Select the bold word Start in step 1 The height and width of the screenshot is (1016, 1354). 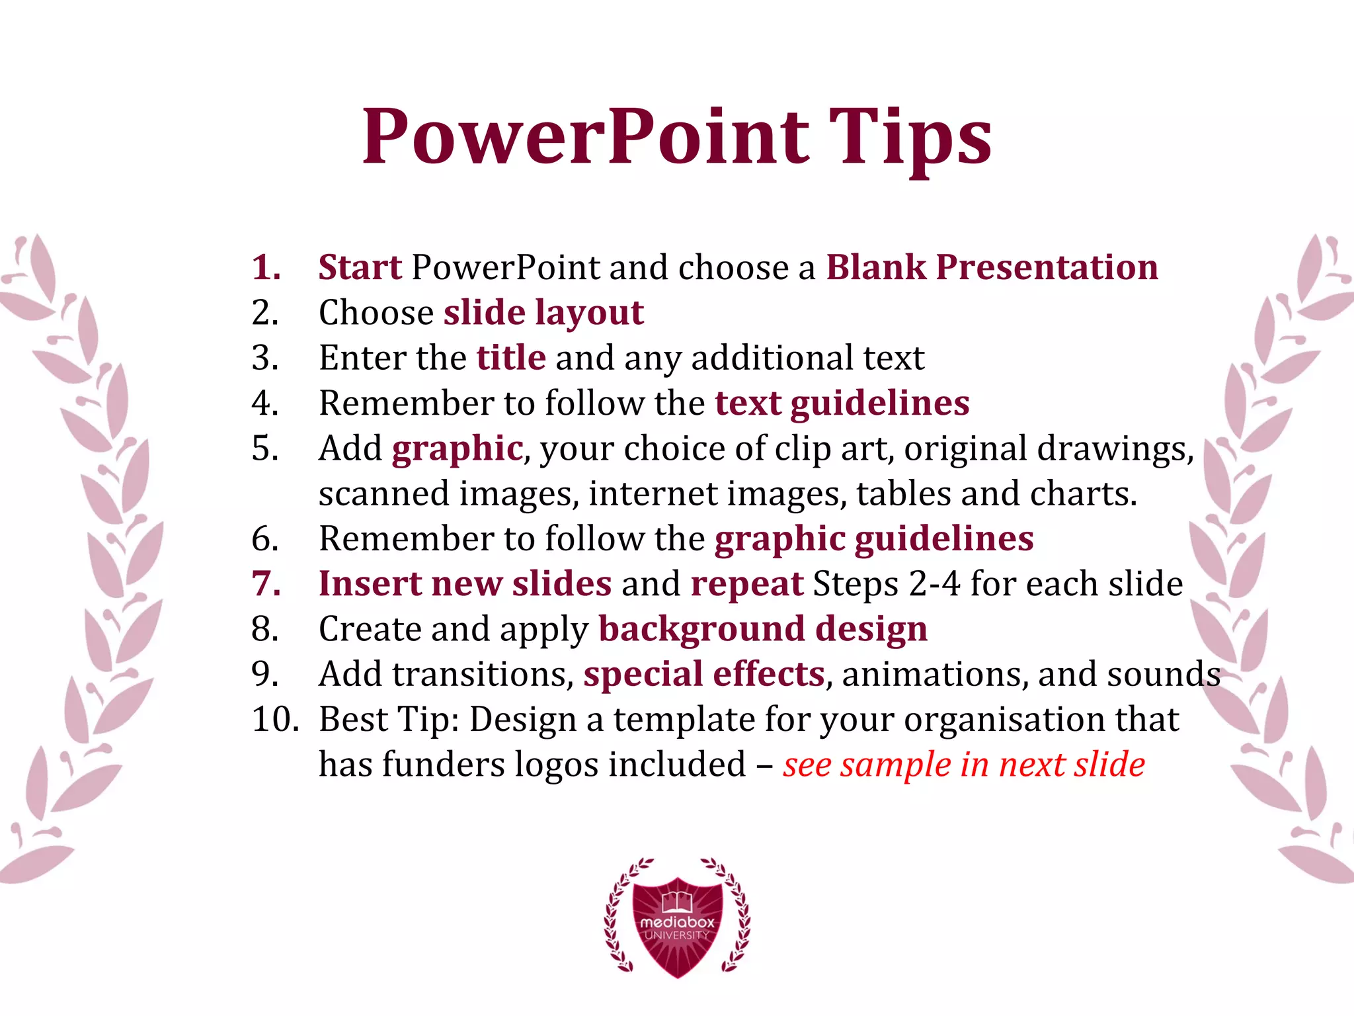coord(360,267)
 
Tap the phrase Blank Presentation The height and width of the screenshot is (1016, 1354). coord(992,267)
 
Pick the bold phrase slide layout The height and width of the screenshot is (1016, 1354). coord(543,313)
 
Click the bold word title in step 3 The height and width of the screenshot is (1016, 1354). coord(511,358)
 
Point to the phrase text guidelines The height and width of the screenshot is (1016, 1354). coord(842,403)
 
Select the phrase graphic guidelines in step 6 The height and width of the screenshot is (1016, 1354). coord(874,539)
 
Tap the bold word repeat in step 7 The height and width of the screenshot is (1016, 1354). coord(747,584)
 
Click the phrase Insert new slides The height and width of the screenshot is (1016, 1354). coord(465,584)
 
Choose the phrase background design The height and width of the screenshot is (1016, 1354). coord(763,629)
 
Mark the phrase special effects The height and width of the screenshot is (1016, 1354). coord(704,675)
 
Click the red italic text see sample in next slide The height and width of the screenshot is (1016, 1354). coord(964,765)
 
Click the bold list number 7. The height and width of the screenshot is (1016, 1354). coord(266,584)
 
